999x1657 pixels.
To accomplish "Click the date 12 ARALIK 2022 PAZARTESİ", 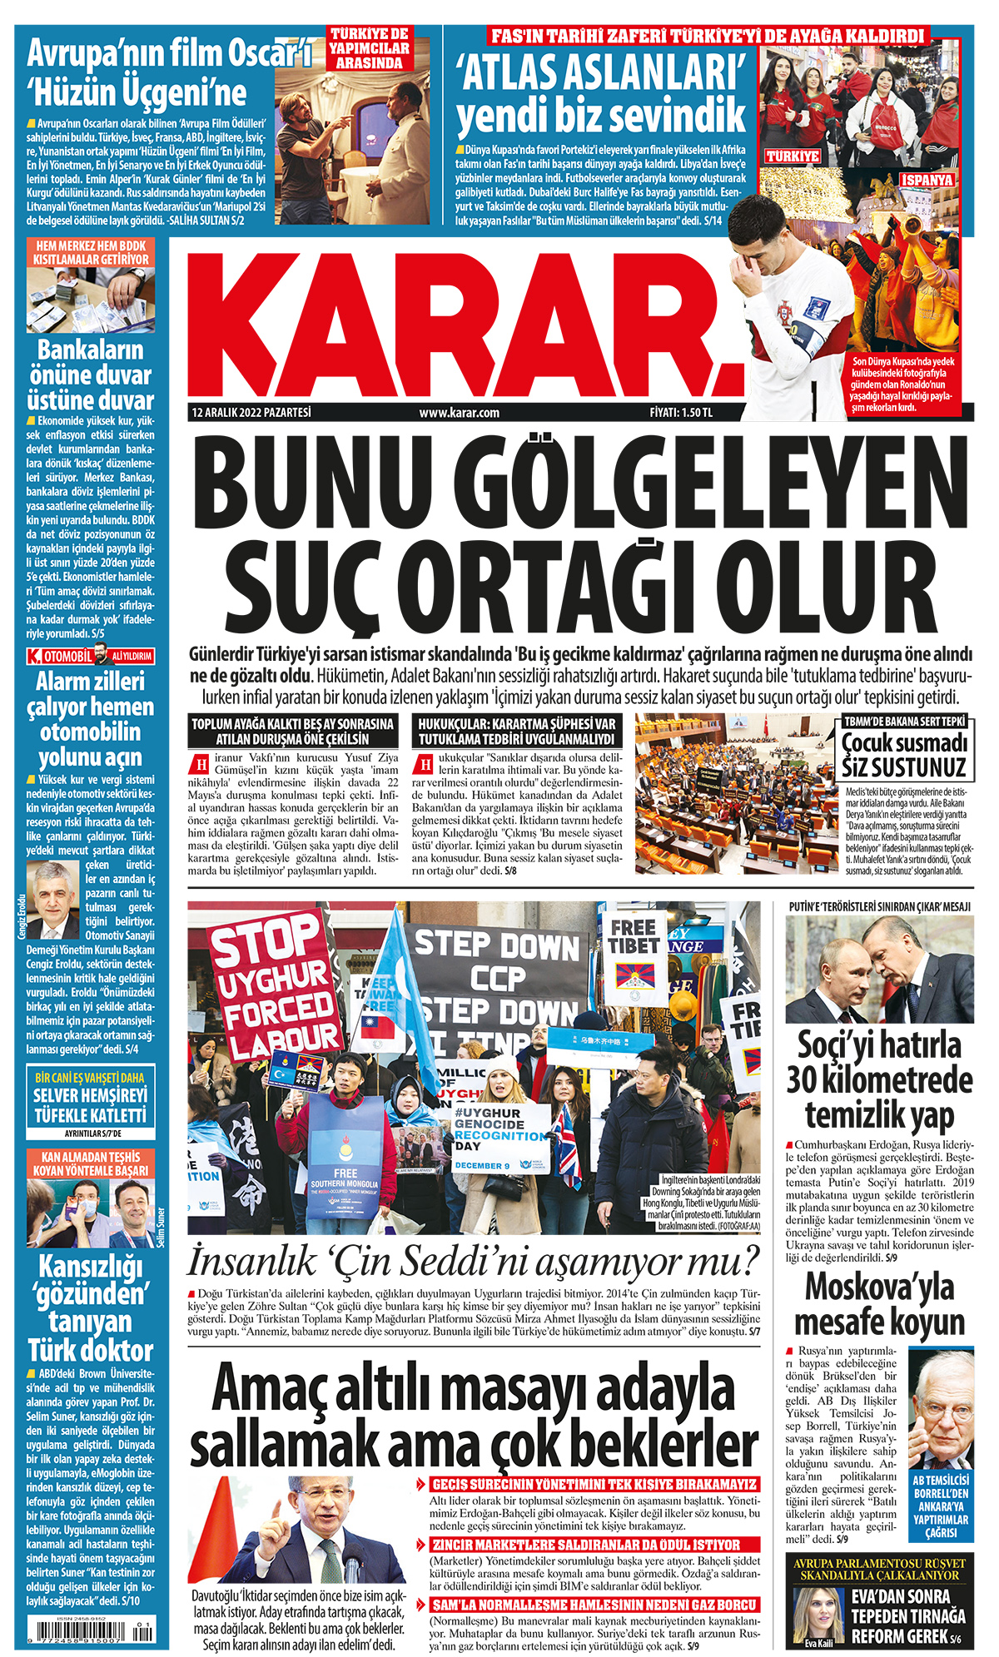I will [251, 412].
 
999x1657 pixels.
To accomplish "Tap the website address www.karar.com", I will [459, 413].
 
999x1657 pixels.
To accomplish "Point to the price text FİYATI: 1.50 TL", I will [681, 413].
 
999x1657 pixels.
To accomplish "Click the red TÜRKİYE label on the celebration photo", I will [792, 156].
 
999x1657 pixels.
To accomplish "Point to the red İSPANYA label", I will [927, 180].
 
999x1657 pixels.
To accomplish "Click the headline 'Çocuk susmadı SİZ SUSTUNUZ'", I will [903, 754].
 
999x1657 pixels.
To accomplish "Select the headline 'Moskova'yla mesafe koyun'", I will [879, 1303].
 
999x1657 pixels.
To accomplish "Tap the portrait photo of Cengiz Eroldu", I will [52, 900].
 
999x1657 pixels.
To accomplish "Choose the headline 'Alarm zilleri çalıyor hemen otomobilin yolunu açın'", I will [90, 719].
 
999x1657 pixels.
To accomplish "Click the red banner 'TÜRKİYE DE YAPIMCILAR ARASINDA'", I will [370, 47].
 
